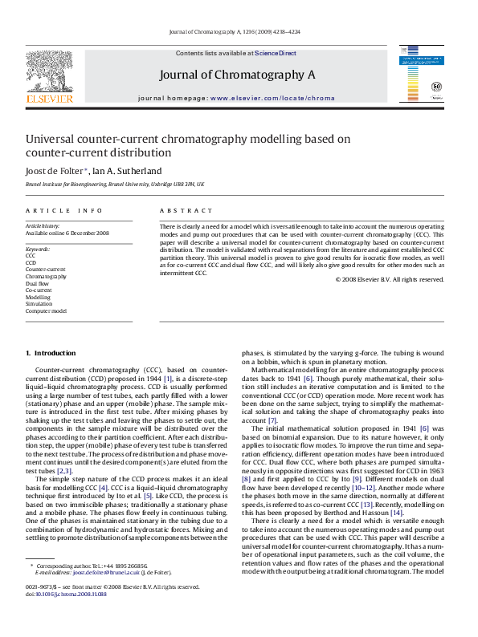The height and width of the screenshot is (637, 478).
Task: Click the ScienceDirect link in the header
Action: pyautogui.click(x=276, y=53)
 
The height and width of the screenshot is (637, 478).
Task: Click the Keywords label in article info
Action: pyautogui.click(x=37, y=250)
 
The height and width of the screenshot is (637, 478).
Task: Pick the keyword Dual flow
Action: pyautogui.click(x=37, y=283)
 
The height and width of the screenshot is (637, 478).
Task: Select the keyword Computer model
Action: pyautogui.click(x=46, y=310)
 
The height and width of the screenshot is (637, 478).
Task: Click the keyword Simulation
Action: pyautogui.click(x=39, y=304)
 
